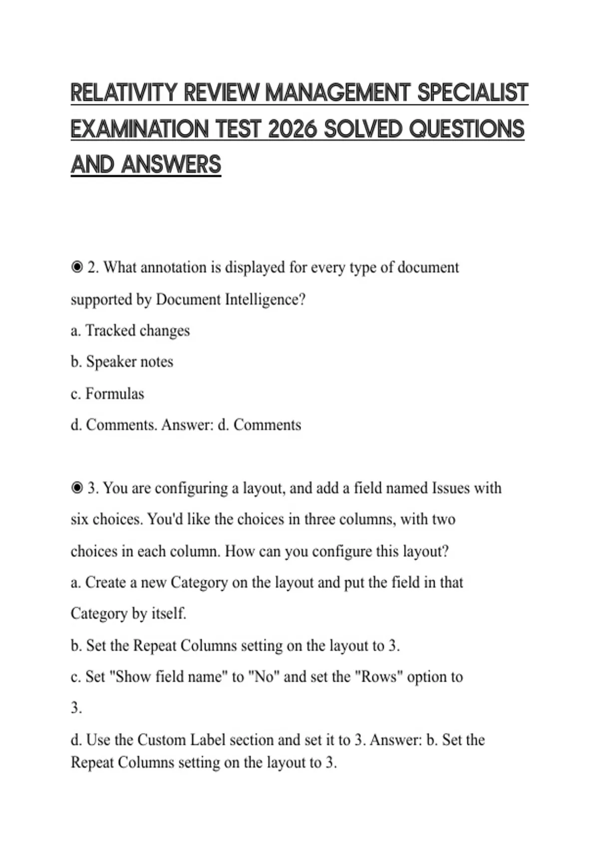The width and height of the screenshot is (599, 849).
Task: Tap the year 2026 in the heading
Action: (x=292, y=129)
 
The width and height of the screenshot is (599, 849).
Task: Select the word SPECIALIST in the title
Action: (x=472, y=93)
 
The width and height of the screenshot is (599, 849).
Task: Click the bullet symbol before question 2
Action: (x=77, y=268)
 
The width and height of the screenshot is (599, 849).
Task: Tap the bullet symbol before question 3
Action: (x=77, y=488)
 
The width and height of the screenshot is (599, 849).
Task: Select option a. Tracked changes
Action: (x=130, y=331)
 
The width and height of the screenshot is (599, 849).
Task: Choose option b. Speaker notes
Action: (x=122, y=362)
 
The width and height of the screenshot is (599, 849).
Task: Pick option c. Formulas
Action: (x=107, y=394)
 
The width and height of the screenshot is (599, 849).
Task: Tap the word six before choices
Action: (x=80, y=519)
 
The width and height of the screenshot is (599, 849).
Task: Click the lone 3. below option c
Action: (x=76, y=708)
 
